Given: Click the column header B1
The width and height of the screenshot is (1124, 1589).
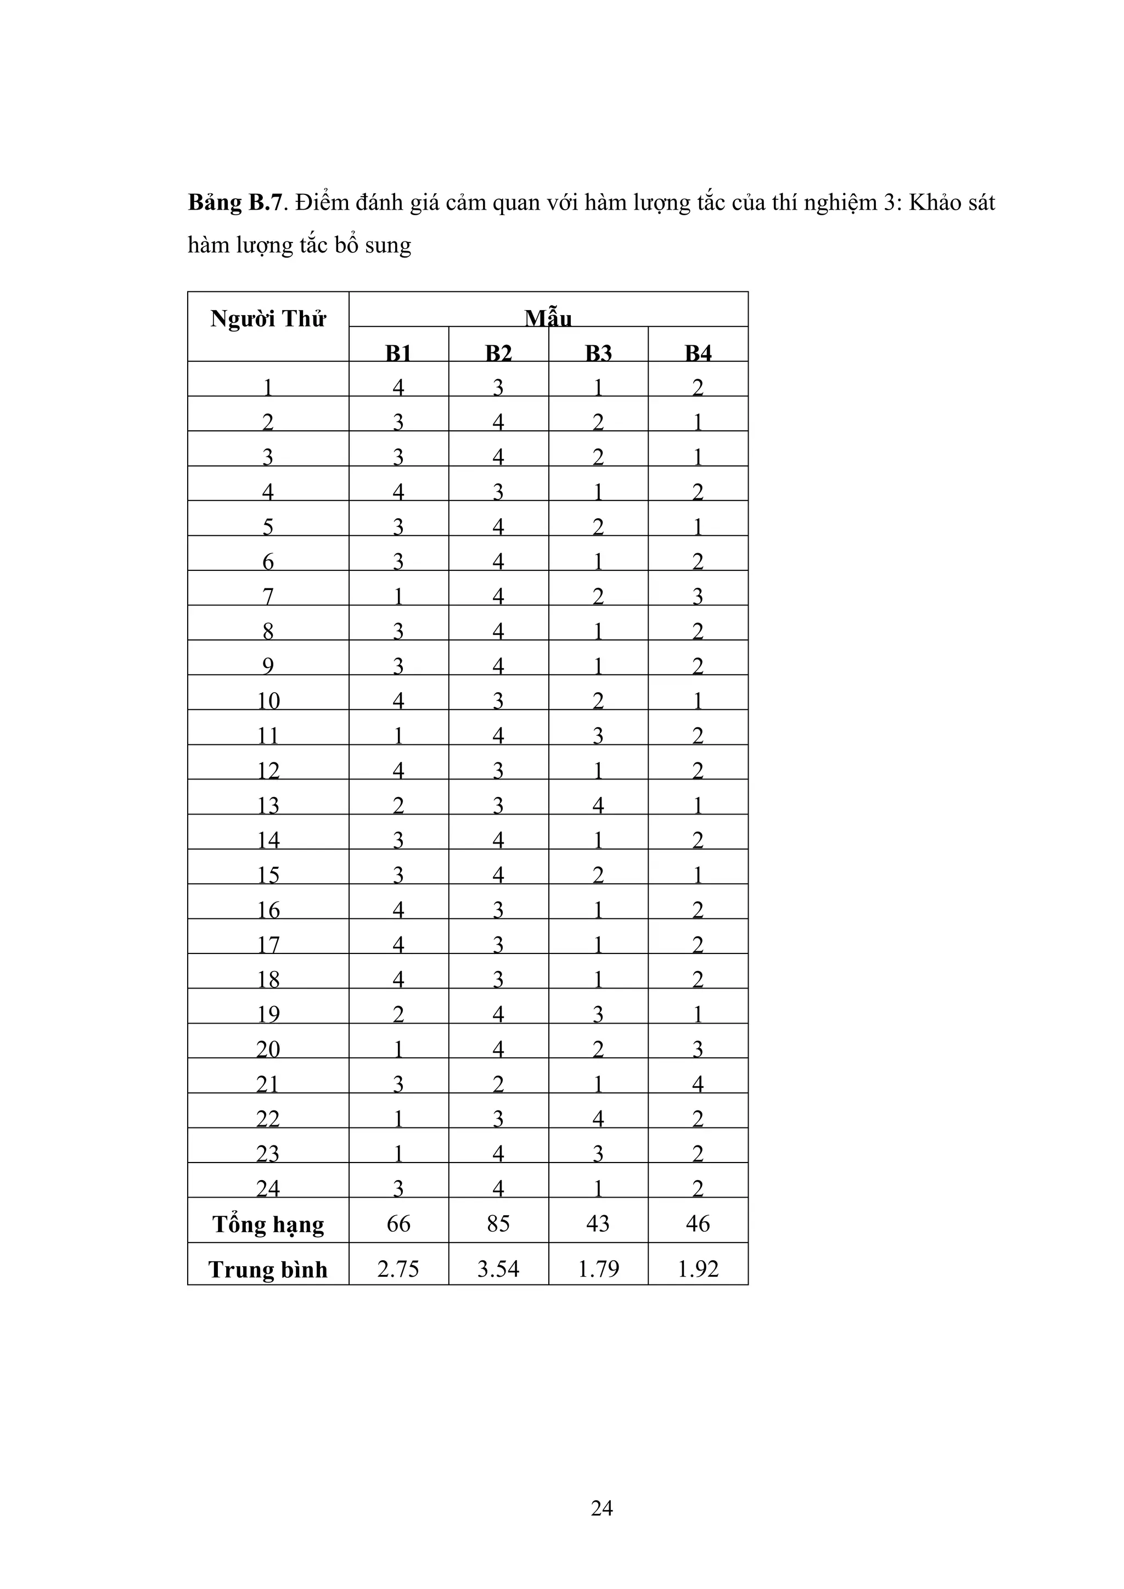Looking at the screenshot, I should (x=398, y=353).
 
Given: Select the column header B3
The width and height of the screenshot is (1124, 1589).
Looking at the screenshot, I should (x=598, y=353).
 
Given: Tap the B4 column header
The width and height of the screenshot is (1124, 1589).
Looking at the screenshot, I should (x=698, y=353).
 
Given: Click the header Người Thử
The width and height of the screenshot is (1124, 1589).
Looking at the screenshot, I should (x=268, y=319).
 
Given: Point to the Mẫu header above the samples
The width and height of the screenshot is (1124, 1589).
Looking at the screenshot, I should (x=548, y=318).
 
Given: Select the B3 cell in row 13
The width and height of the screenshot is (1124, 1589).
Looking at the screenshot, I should (x=598, y=805).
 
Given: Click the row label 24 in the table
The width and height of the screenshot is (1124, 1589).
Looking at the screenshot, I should (x=268, y=1188).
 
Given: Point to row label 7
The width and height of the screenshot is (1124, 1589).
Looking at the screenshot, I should (x=268, y=596).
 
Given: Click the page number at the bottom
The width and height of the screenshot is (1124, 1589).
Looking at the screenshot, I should (x=602, y=1508).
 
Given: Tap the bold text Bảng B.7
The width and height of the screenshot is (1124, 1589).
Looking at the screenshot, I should (x=235, y=203).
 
